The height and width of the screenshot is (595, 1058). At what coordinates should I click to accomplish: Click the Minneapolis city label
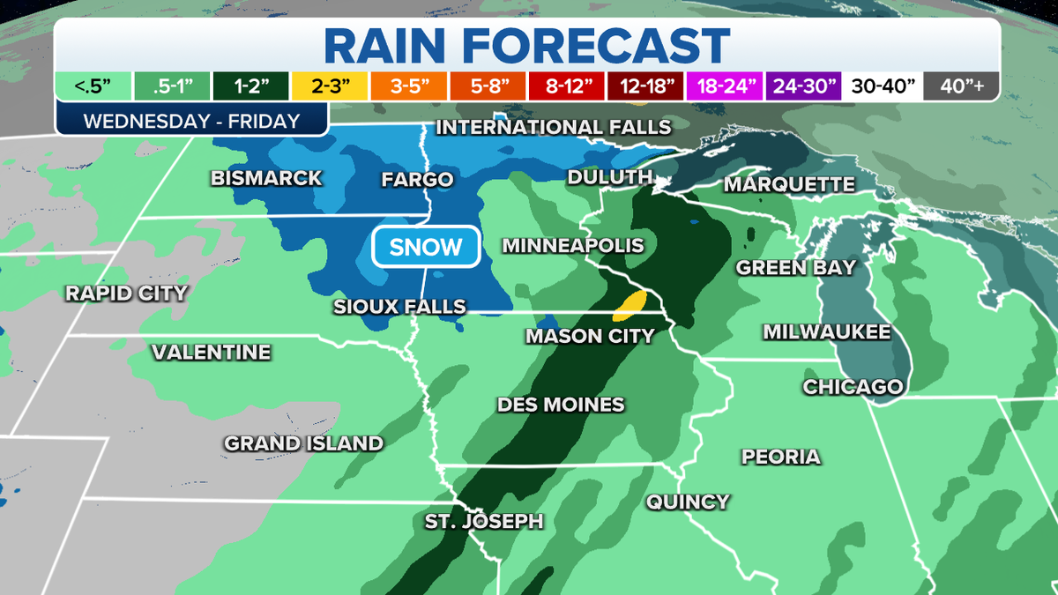click(x=573, y=246)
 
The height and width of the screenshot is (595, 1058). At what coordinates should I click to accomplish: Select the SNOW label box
click(x=426, y=247)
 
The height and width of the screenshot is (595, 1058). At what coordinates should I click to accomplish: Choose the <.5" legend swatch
click(x=92, y=86)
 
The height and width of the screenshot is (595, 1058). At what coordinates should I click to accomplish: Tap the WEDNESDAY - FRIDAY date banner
click(x=191, y=121)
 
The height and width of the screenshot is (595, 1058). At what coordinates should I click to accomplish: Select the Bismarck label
click(x=266, y=179)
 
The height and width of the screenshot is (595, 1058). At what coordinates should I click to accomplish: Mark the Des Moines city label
click(x=561, y=405)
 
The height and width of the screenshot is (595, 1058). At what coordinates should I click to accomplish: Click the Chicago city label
click(x=853, y=387)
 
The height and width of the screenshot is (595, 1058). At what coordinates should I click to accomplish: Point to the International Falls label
click(x=554, y=128)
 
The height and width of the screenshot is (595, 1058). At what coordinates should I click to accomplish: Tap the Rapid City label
click(x=126, y=293)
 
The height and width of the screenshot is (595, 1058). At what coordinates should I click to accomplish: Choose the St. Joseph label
click(x=484, y=521)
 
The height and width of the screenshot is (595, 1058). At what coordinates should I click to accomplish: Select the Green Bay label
click(x=796, y=267)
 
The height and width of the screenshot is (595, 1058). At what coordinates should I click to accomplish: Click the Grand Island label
click(x=303, y=443)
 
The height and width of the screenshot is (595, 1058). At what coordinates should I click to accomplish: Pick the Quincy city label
click(x=688, y=502)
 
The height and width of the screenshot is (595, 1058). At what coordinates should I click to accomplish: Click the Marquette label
click(x=789, y=184)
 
